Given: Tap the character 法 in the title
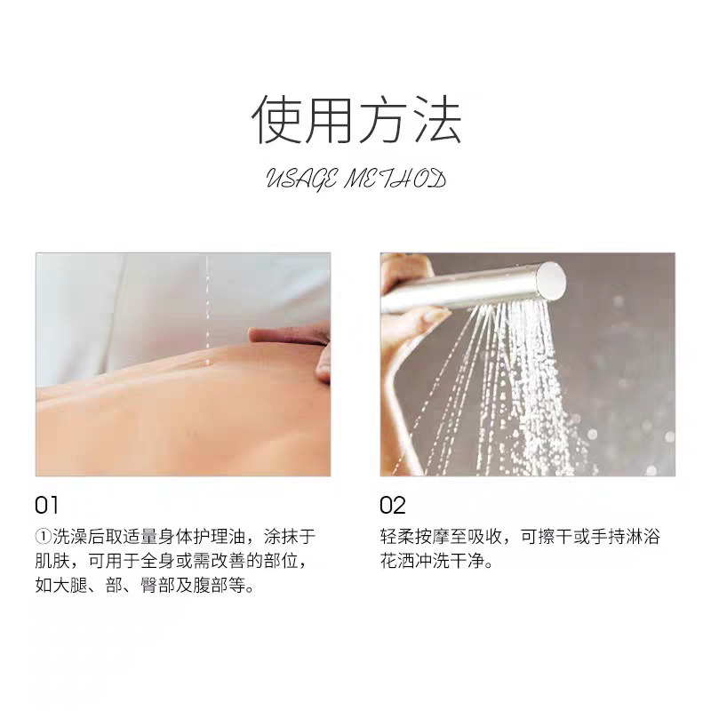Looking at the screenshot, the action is tap(436, 119).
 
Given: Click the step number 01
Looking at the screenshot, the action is tap(47, 505).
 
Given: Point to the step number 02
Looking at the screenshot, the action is tap(393, 505).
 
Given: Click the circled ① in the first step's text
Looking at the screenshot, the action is tap(44, 537).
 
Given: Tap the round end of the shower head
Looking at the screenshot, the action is tap(552, 278).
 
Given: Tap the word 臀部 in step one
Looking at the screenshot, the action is tap(158, 585).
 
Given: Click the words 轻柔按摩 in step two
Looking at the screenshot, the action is tap(415, 537).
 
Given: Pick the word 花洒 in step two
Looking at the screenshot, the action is tap(397, 562).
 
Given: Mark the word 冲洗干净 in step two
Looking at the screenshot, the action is tap(450, 562).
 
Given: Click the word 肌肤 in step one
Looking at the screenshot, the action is tap(52, 562).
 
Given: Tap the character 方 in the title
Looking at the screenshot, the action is tap(382, 119).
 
